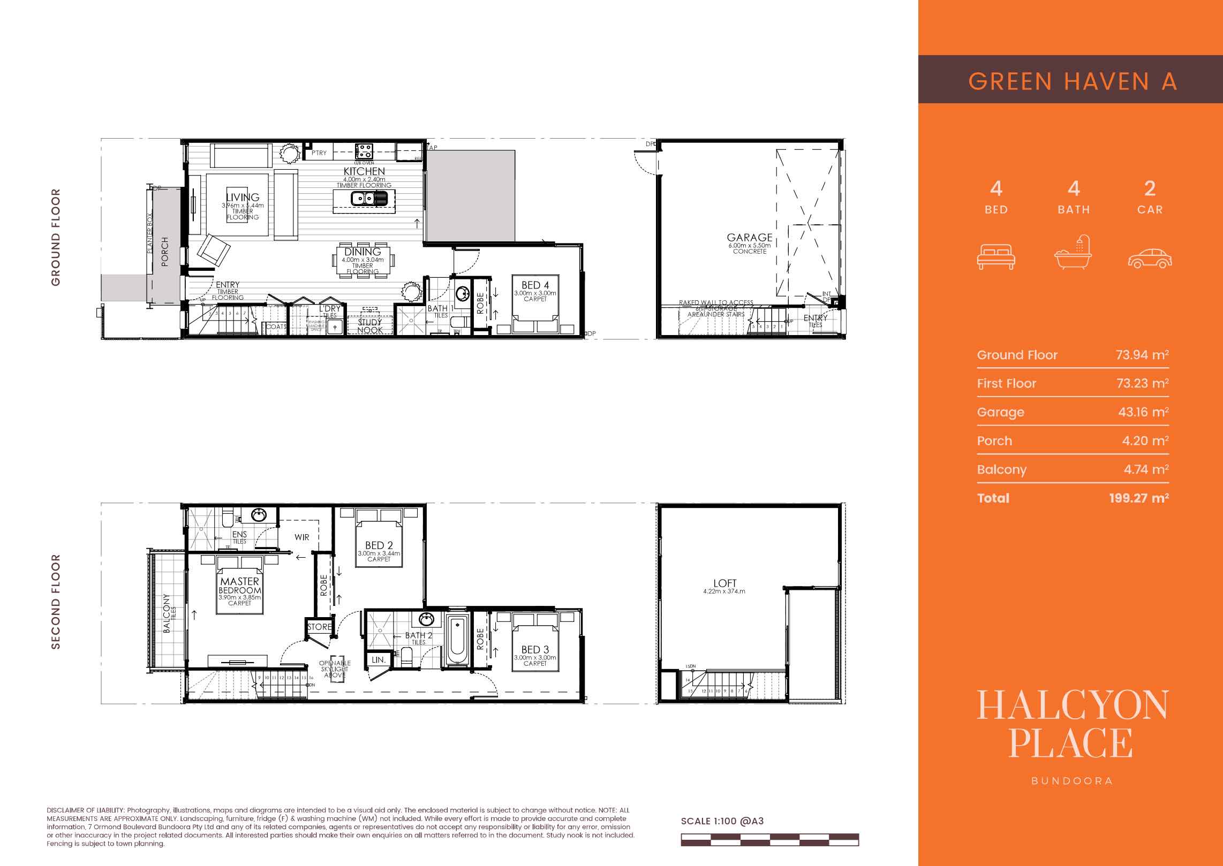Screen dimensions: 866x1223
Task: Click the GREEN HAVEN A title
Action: point(1073,81)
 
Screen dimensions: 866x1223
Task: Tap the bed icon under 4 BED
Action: point(996,257)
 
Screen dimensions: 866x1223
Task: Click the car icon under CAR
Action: point(1150,257)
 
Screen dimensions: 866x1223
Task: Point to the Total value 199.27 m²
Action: point(1138,498)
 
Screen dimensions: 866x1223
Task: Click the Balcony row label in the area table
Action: point(1001,469)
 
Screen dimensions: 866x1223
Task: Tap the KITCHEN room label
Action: point(364,172)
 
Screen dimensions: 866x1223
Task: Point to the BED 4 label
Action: point(535,285)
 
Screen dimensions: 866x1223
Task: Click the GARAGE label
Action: point(749,237)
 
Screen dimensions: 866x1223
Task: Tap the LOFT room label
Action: point(724,583)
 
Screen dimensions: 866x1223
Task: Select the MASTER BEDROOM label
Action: point(239,585)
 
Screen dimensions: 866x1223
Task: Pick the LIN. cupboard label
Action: point(379,660)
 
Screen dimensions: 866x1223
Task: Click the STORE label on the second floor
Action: point(319,627)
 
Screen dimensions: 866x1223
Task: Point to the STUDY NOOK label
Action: point(370,326)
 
